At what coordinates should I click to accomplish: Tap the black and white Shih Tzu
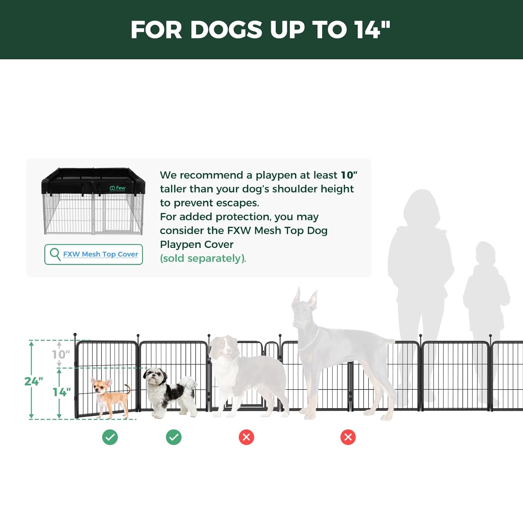(x=170, y=392)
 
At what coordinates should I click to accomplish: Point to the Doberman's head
(x=304, y=309)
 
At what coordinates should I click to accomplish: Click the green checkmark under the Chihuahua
(x=110, y=437)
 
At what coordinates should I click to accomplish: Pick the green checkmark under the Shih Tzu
(x=174, y=437)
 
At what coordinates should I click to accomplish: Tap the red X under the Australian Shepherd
(x=247, y=437)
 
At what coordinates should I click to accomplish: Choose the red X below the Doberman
(x=348, y=437)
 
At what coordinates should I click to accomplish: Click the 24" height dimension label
(x=33, y=381)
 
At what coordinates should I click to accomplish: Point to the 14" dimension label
(x=62, y=392)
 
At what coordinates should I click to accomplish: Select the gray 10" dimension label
(x=61, y=355)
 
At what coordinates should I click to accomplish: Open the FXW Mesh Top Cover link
(x=100, y=254)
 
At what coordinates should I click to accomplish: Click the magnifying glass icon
(x=55, y=254)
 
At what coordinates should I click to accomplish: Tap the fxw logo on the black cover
(x=118, y=188)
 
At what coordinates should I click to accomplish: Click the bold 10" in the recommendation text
(x=349, y=175)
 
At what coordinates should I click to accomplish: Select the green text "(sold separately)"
(x=203, y=258)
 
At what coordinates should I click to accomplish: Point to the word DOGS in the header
(x=226, y=30)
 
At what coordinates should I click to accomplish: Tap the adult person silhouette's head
(x=421, y=206)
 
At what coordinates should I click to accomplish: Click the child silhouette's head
(x=486, y=254)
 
